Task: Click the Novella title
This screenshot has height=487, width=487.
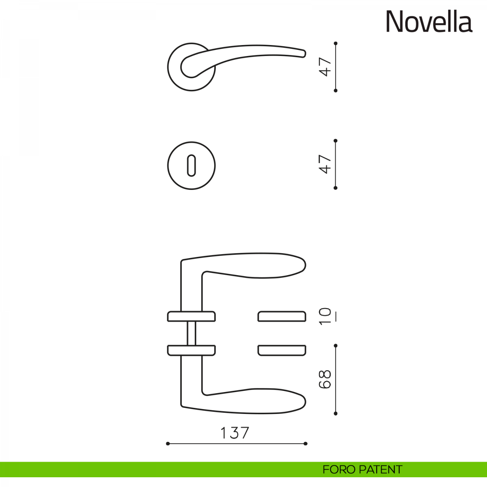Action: pos(429,22)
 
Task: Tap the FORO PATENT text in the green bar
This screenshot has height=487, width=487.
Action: pos(362,470)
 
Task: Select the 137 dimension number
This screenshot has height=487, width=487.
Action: pos(235,433)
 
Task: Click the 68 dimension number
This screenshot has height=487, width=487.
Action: pos(325,379)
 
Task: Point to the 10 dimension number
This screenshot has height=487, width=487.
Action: pos(325,317)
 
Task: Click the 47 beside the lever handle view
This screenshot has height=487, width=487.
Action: pos(325,67)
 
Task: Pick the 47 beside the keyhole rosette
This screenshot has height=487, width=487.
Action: pos(325,164)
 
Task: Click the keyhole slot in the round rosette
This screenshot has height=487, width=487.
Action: pos(191,165)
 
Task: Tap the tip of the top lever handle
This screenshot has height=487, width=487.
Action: pos(305,54)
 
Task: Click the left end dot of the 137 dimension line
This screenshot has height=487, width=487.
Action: pos(168,450)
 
